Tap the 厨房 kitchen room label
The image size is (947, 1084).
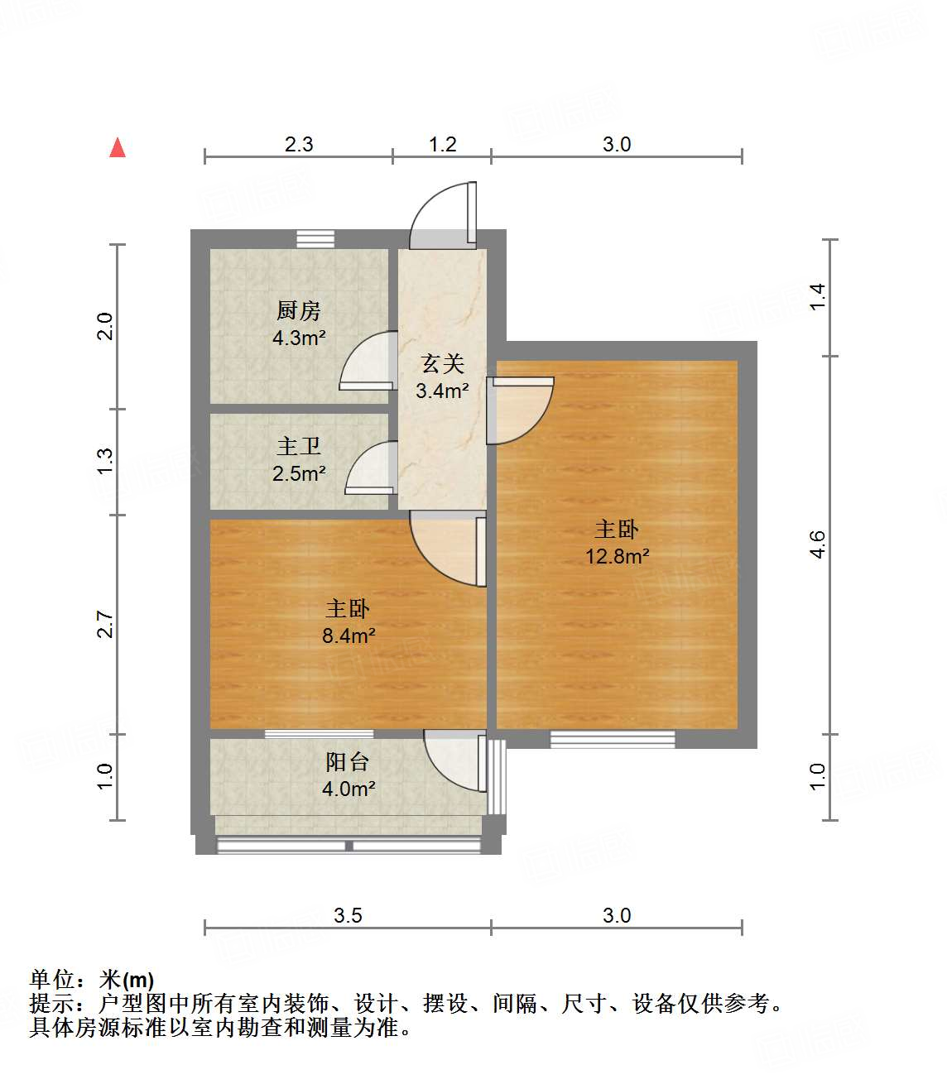298,311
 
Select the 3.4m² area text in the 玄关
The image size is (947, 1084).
442,391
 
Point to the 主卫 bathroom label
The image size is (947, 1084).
298,447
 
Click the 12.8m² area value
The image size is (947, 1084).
617,556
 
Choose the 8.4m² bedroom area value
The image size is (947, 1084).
349,636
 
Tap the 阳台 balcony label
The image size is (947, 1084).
347,761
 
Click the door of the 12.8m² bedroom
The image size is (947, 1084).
519,410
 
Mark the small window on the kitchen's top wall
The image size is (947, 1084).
315,239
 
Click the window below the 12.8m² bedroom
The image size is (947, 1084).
613,738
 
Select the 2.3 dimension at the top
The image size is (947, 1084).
299,144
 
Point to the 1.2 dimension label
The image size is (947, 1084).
442,144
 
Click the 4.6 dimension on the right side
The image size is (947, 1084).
817,544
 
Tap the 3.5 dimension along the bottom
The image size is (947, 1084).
348,915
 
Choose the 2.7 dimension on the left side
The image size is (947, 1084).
104,624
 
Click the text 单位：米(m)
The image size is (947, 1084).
92,980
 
